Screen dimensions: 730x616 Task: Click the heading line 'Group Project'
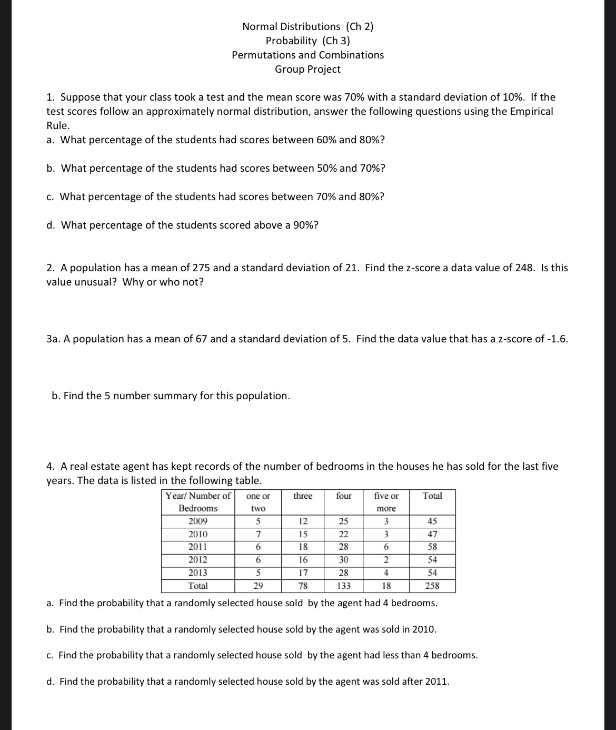point(307,69)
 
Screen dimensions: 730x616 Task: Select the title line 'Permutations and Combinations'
point(307,55)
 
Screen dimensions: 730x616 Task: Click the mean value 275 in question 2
point(201,268)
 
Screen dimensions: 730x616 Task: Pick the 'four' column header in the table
point(344,496)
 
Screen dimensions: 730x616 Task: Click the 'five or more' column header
point(386,502)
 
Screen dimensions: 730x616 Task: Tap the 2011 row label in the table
point(198,547)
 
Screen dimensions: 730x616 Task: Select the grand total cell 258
point(432,586)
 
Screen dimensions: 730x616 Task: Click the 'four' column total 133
point(344,586)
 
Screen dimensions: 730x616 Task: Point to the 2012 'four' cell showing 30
point(344,560)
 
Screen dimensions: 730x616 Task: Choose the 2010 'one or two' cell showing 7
point(258,534)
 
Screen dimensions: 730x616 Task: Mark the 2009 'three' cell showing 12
point(303,521)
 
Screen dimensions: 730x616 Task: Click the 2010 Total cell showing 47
point(432,534)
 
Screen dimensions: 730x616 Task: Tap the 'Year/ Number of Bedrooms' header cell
point(198,502)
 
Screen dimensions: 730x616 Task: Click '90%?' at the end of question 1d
point(305,225)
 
